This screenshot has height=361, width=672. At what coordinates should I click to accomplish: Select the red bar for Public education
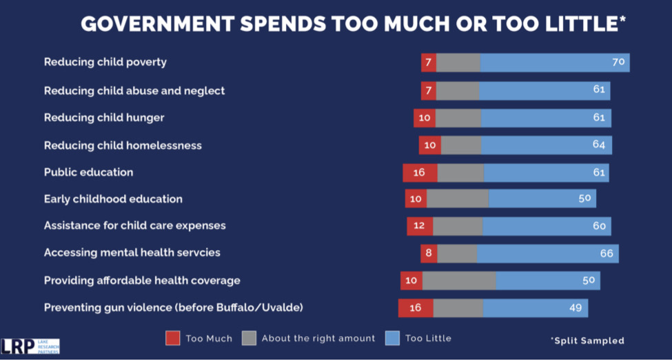point(420,173)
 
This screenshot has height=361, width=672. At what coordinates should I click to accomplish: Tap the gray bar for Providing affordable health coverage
point(458,281)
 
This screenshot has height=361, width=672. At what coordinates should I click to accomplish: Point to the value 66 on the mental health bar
point(607,254)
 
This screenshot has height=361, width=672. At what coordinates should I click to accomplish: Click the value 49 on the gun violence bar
point(576,308)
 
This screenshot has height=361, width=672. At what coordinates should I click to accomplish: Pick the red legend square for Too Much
point(172,338)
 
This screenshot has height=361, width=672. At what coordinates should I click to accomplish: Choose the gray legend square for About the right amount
point(249,338)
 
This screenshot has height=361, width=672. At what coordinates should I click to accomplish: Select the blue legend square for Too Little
point(392,338)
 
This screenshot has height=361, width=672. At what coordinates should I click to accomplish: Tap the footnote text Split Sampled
point(587,340)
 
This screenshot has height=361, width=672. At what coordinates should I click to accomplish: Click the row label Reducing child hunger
point(104,118)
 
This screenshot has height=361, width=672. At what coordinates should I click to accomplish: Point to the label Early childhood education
point(113,199)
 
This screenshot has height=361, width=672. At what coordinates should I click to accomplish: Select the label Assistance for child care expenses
point(134,226)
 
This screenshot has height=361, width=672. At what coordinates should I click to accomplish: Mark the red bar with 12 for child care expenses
point(420,227)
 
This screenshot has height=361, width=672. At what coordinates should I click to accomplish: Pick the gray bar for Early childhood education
point(458,199)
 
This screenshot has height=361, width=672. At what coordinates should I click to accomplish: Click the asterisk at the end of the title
point(622,19)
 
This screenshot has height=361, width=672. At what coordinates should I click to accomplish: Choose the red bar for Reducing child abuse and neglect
point(429,91)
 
